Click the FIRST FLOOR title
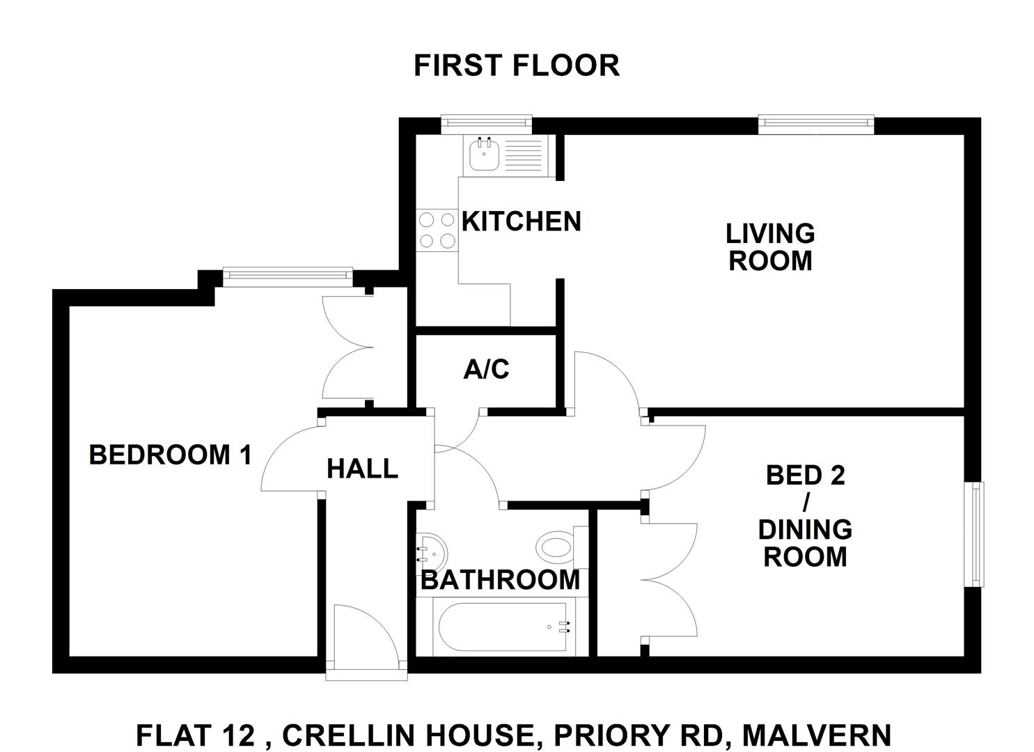[x=517, y=65]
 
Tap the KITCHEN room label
[x=521, y=221]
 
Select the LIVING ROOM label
[x=770, y=247]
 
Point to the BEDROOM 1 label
[x=171, y=455]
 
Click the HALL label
[x=362, y=469]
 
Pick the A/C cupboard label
[x=486, y=369]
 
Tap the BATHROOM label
[x=501, y=580]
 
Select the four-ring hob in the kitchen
[x=437, y=230]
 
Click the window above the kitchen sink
[x=487, y=123]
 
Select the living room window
[x=816, y=124]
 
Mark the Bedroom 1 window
[x=288, y=276]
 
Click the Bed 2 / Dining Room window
[x=973, y=535]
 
